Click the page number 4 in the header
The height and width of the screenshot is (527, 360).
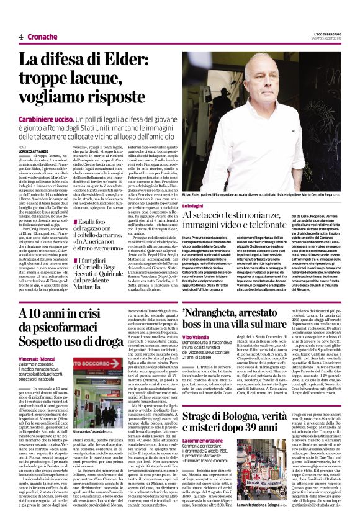coord(21,37)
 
